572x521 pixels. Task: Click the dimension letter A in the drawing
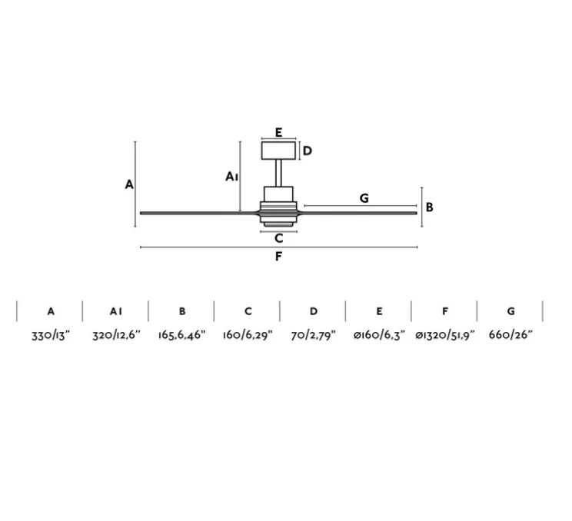[x=129, y=184]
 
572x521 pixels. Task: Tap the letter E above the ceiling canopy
[x=278, y=132]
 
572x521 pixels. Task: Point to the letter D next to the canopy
[x=307, y=151]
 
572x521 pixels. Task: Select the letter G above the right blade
[x=364, y=198]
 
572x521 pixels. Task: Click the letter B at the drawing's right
[x=430, y=207]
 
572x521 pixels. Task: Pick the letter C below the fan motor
[x=278, y=238]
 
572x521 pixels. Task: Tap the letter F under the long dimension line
[x=278, y=257]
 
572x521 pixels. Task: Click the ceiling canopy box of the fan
[x=278, y=150]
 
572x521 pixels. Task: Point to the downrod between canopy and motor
[x=278, y=173]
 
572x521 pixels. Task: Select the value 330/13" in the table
[x=50, y=335]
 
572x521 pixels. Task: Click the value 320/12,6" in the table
[x=115, y=335]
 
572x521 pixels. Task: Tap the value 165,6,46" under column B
[x=181, y=335]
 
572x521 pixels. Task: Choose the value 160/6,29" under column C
[x=248, y=335]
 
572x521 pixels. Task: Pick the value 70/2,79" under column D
[x=313, y=335]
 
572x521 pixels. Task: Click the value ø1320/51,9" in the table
[x=444, y=335]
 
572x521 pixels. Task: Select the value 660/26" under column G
[x=510, y=335]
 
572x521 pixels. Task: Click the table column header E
[x=379, y=311]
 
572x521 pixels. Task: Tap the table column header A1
[x=115, y=311]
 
